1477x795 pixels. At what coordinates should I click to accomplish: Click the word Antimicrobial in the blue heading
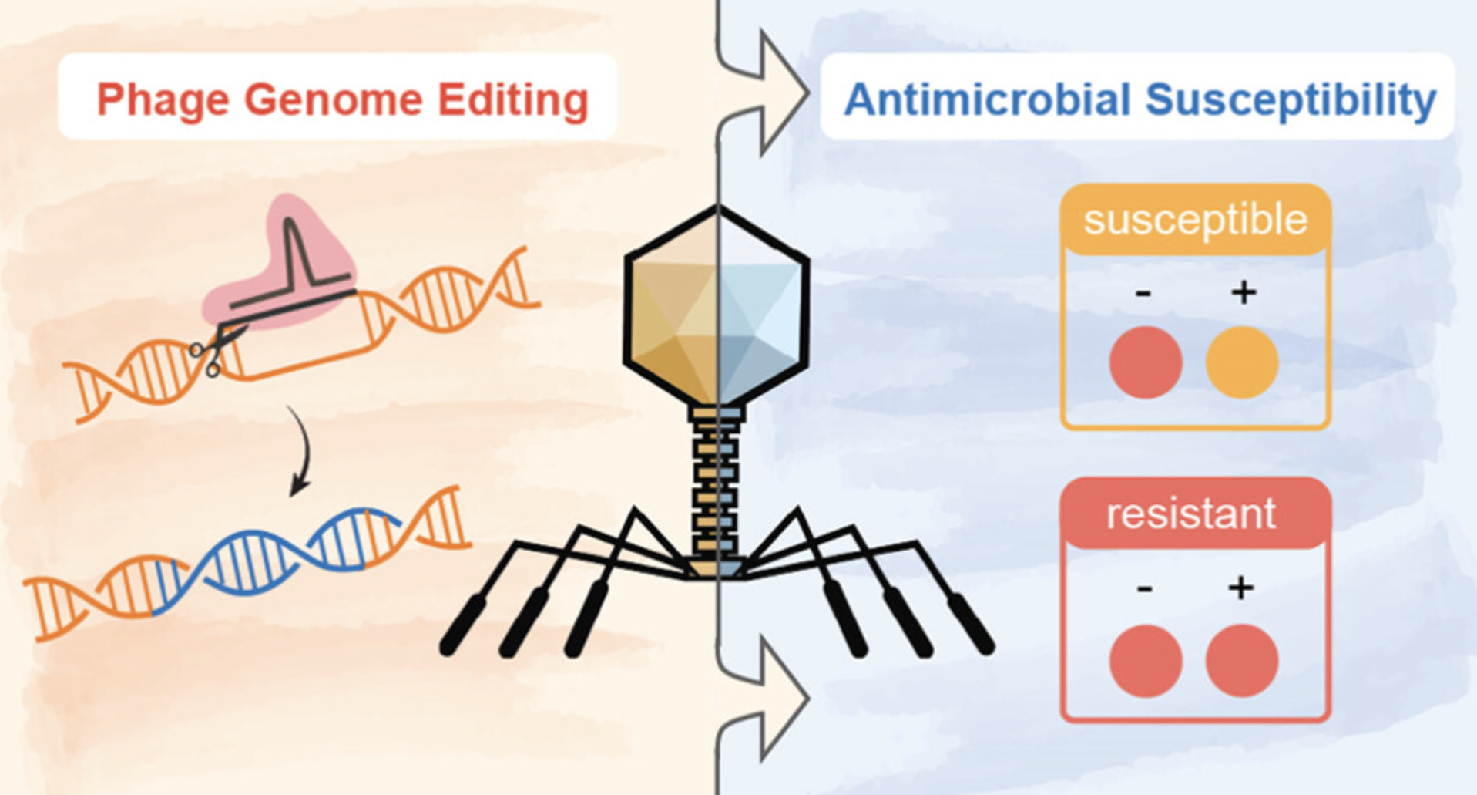point(987,99)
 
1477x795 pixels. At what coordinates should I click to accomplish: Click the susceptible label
point(1195,220)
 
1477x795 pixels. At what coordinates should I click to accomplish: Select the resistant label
point(1191,514)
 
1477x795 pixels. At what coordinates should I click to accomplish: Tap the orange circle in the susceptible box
point(1242,362)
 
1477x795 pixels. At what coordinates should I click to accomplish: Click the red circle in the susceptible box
point(1146,362)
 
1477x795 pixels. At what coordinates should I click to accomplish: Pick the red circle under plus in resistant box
point(1242,661)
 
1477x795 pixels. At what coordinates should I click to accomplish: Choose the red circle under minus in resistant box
point(1146,661)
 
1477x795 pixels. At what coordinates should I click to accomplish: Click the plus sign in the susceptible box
point(1244,292)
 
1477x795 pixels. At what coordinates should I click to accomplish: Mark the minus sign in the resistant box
point(1144,589)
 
